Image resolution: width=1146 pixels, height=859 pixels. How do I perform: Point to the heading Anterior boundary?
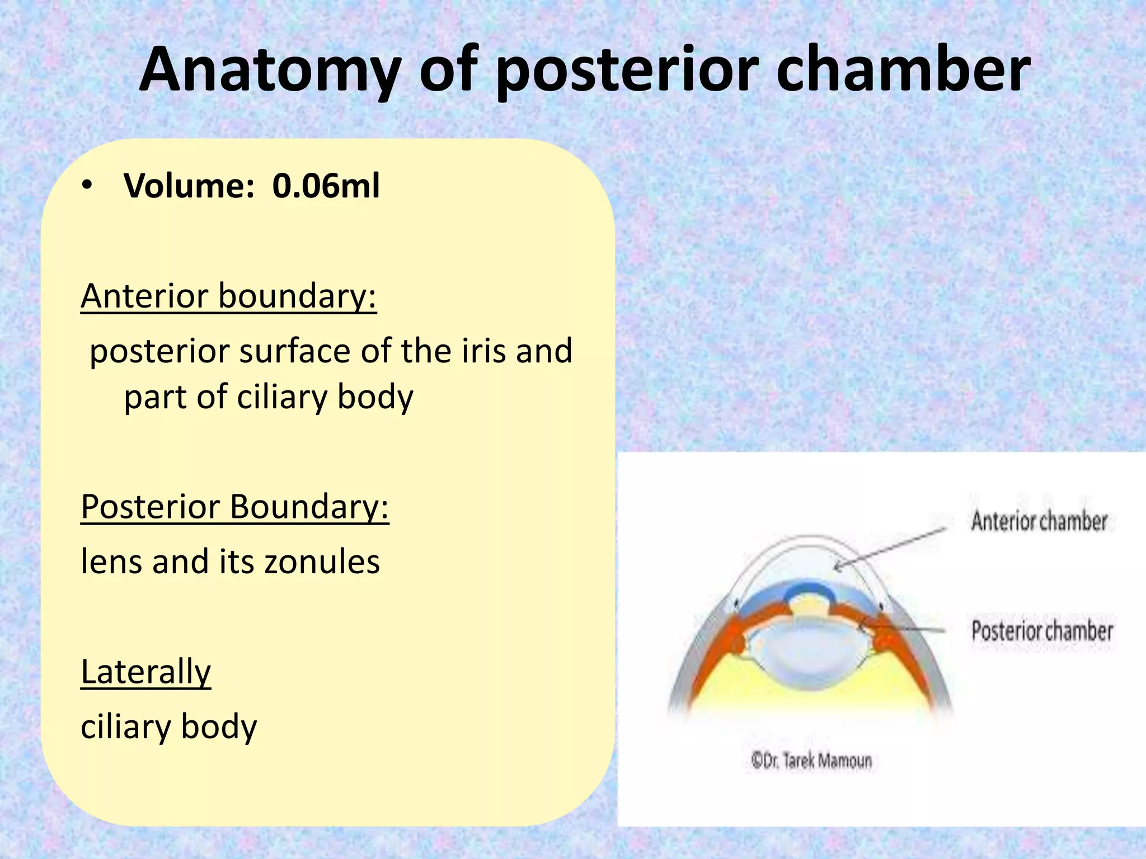(x=228, y=296)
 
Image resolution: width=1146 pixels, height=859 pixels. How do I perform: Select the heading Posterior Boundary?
(x=234, y=507)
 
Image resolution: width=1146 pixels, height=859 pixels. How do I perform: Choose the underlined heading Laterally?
(x=145, y=672)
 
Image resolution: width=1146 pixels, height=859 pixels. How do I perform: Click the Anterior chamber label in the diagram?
(x=1039, y=521)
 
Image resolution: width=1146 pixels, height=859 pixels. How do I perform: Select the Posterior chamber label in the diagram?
(x=1042, y=631)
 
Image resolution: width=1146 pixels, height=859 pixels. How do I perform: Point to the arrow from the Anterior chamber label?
(x=890, y=548)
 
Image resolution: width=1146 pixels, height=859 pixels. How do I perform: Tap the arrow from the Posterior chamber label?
(x=901, y=630)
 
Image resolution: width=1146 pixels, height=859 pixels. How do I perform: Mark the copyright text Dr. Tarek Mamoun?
(x=811, y=761)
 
